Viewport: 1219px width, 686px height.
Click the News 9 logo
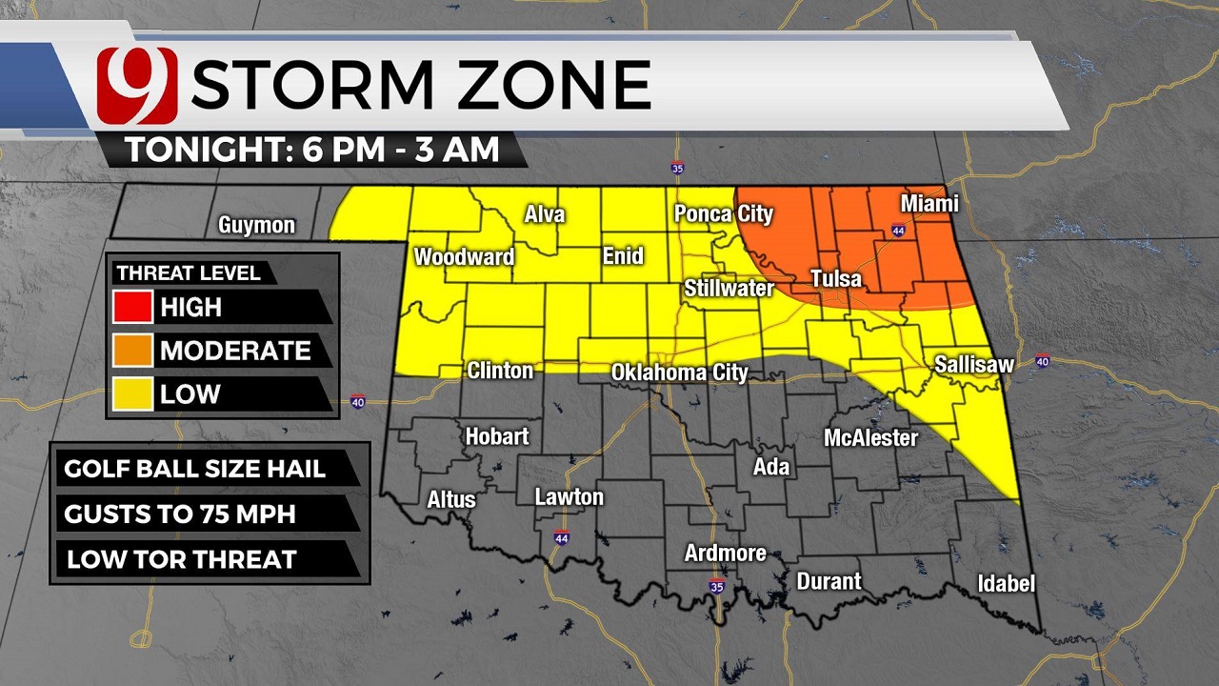point(137,85)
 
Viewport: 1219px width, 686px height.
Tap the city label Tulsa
point(835,279)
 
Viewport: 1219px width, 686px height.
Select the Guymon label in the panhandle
point(256,226)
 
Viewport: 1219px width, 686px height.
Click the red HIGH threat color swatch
point(132,308)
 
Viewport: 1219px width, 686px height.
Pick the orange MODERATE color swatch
point(132,351)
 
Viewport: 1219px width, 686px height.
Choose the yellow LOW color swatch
point(132,393)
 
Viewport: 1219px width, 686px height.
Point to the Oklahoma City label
point(679,372)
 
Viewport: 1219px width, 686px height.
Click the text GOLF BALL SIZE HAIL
point(194,469)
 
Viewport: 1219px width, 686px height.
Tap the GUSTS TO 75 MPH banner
point(180,514)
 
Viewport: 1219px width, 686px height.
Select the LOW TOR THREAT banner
point(181,559)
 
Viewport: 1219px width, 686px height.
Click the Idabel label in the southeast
point(1006,583)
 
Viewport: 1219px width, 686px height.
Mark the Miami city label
point(929,205)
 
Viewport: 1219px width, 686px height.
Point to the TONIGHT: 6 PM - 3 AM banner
point(312,150)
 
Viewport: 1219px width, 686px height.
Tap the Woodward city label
point(464,257)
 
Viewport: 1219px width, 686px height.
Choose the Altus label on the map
point(450,499)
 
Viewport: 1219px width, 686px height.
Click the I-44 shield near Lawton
point(562,538)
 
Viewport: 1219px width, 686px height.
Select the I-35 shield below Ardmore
point(716,587)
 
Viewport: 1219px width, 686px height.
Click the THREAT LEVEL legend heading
point(189,273)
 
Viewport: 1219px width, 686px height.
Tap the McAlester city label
point(870,438)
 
